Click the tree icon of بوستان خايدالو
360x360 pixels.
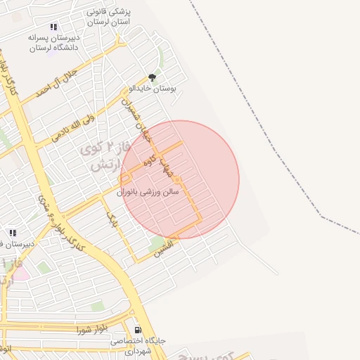(152, 77)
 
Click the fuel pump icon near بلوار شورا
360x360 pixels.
(137, 329)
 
